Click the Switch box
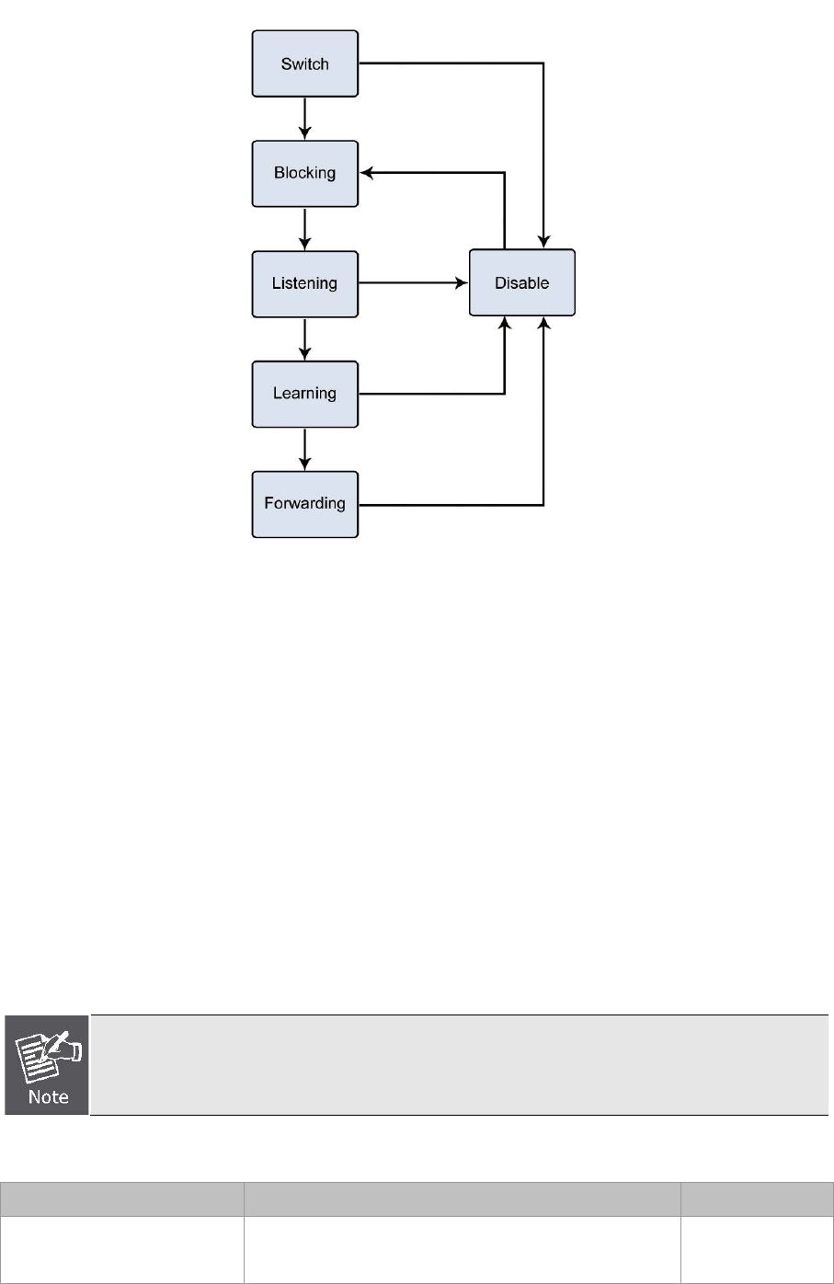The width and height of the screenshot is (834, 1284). click(304, 64)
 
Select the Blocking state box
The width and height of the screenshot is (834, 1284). click(304, 173)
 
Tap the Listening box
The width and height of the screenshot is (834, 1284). click(304, 283)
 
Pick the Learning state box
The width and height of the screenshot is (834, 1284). click(304, 394)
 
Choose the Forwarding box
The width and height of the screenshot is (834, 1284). click(304, 504)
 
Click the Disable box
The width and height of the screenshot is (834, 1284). click(521, 283)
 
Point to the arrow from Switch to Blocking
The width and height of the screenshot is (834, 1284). click(304, 119)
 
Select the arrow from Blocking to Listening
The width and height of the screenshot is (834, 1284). click(304, 228)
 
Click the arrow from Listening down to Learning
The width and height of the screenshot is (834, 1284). click(304, 338)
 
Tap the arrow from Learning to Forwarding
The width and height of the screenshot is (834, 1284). click(304, 449)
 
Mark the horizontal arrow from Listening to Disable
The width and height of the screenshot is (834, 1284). click(414, 283)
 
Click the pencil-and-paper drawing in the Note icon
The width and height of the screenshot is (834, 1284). click(50, 1051)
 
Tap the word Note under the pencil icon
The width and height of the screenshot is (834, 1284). click(48, 1096)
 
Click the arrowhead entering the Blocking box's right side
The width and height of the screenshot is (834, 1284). click(365, 173)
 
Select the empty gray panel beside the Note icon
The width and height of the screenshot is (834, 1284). click(460, 1065)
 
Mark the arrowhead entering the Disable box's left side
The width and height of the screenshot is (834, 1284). click(463, 283)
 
